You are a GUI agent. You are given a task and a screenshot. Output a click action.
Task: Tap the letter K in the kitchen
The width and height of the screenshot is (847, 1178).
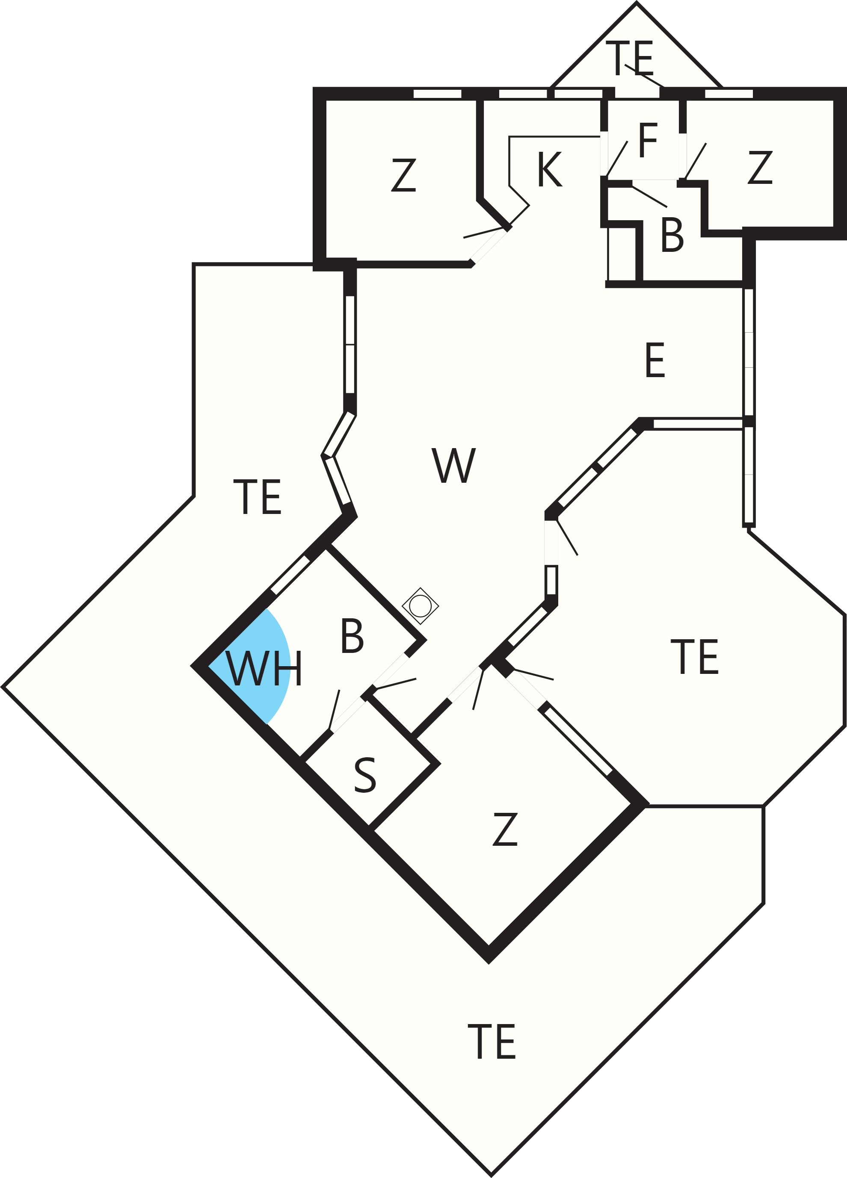point(550,169)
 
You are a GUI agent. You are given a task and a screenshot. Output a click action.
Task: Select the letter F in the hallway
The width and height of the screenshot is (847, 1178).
point(648,140)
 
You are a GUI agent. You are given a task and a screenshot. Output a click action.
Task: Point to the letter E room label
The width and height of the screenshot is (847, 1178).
point(655,360)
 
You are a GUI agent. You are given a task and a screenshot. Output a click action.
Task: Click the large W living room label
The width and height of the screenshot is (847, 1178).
point(453,465)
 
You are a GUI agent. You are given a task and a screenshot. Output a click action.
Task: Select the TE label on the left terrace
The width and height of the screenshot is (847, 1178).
point(257,497)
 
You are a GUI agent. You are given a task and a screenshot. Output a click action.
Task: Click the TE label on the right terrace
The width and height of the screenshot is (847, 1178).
point(695,657)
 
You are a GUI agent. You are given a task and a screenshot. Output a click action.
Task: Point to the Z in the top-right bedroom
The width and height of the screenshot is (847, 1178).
point(760,167)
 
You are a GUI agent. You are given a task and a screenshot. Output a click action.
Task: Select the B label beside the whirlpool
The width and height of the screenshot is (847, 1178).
point(352,635)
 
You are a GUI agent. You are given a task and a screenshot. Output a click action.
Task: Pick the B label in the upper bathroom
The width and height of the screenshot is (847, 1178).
point(672,234)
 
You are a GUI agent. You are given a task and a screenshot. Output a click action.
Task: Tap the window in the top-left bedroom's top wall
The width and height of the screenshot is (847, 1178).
point(438,94)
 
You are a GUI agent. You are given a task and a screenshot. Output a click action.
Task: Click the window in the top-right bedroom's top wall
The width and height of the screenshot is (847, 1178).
point(729,94)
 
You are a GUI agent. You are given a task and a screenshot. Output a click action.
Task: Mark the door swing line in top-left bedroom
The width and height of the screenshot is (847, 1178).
point(484,233)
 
